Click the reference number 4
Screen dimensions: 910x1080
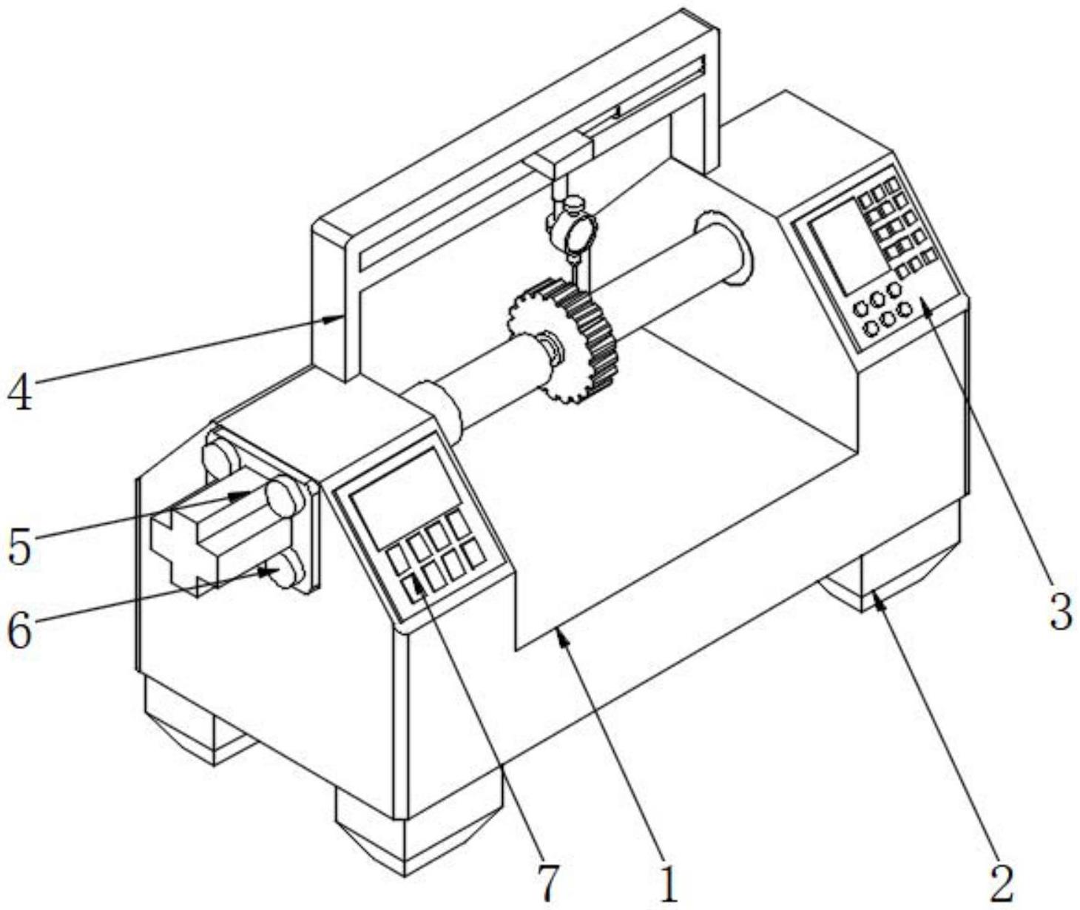coord(20,392)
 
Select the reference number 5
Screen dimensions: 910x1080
coord(20,546)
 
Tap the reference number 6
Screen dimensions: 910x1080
coord(20,630)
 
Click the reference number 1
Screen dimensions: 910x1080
coord(668,882)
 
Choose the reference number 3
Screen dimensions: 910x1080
coord(1061,613)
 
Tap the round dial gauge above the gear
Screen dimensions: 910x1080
coord(573,229)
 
